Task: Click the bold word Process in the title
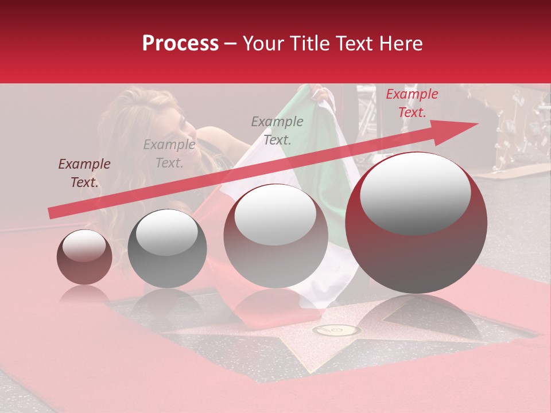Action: [x=180, y=44]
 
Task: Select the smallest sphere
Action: [x=84, y=257]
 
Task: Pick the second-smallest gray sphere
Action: [x=167, y=248]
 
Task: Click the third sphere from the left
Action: [x=276, y=236]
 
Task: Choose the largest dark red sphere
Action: [x=416, y=223]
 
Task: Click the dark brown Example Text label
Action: [x=84, y=173]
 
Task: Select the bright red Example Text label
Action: [x=412, y=103]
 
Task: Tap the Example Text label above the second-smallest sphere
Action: [x=169, y=154]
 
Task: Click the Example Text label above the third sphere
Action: [x=277, y=130]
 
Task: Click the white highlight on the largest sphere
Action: [x=415, y=192]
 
